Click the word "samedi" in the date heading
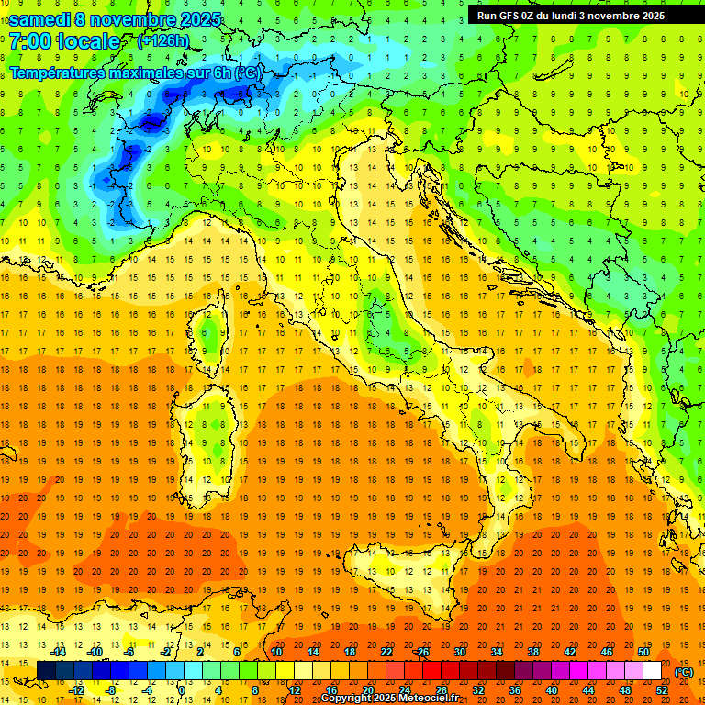click(42, 19)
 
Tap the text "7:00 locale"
click(64, 41)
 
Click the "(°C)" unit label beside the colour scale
click(684, 672)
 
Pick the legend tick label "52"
click(662, 690)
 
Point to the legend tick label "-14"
click(59, 652)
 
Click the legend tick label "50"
click(643, 652)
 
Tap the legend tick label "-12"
click(77, 690)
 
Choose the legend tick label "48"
click(625, 690)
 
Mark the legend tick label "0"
click(182, 690)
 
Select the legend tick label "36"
click(515, 690)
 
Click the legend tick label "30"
click(459, 652)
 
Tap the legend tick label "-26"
click(421, 652)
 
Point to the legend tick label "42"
click(569, 652)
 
